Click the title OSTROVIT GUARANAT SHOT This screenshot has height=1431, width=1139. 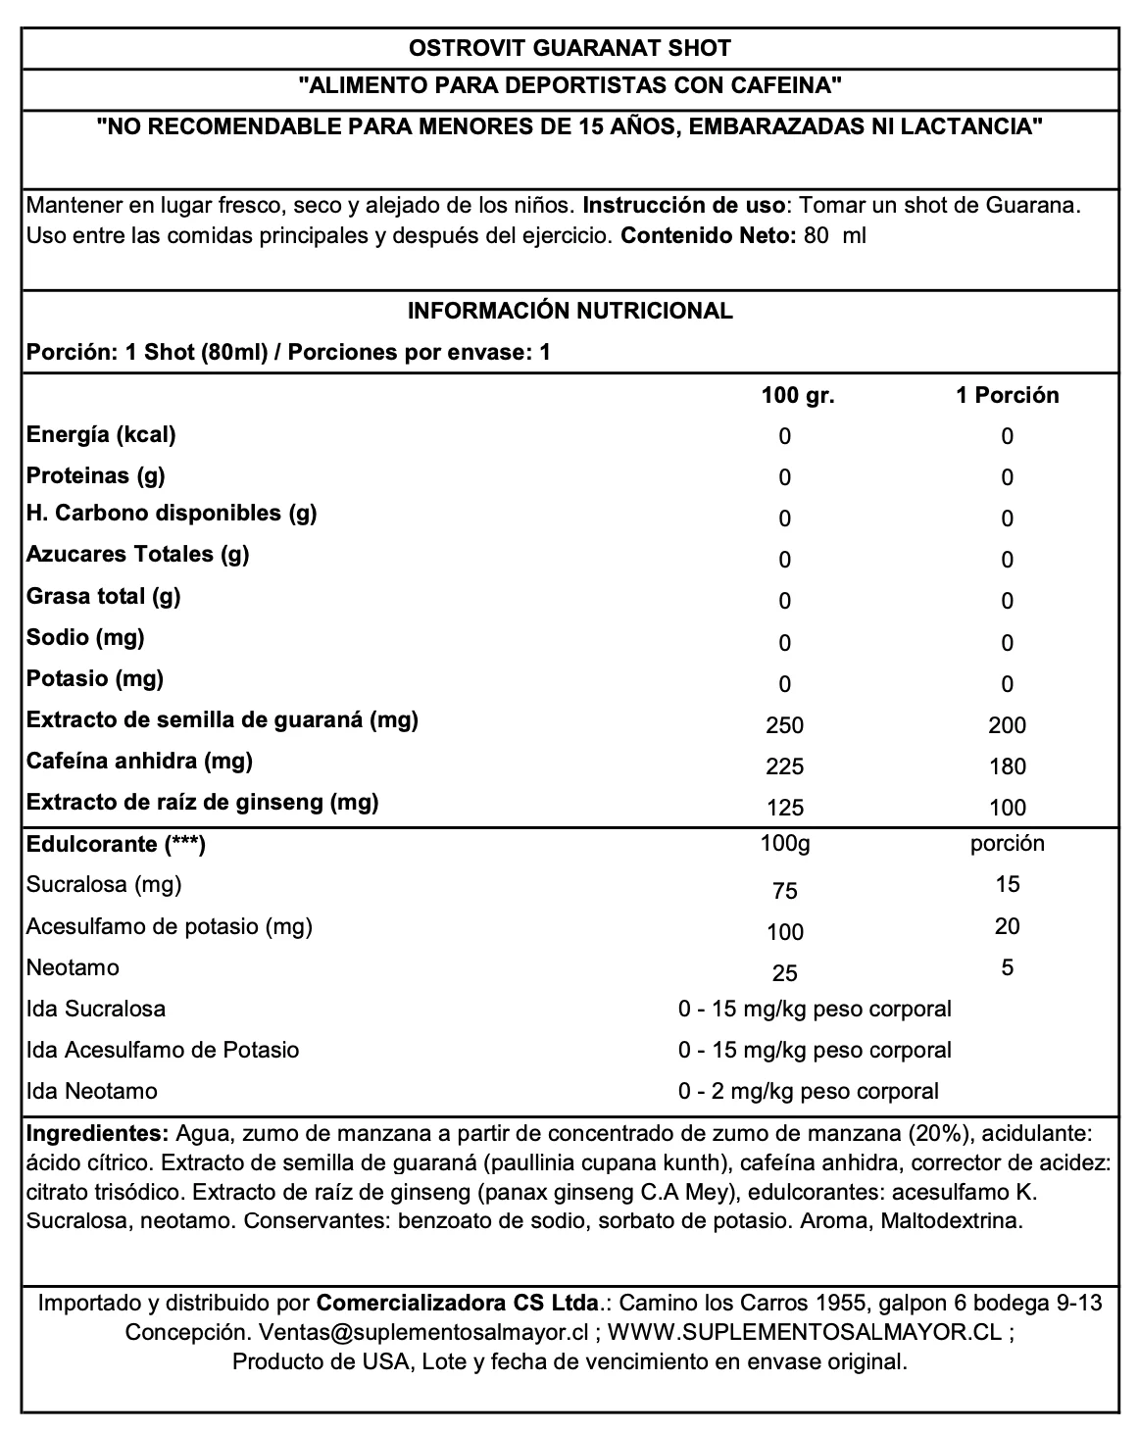(x=569, y=48)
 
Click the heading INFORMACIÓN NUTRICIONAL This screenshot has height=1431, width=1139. (x=569, y=312)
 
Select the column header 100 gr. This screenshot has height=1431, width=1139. (x=797, y=395)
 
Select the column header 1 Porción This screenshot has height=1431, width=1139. (x=1007, y=395)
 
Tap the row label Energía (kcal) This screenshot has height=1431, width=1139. (x=101, y=434)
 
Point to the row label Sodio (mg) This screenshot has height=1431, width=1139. (x=85, y=637)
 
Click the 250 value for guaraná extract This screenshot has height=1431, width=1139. (x=785, y=725)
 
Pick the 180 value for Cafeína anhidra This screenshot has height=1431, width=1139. (x=1007, y=766)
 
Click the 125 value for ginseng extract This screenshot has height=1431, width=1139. (x=785, y=808)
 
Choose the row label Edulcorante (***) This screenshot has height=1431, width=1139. (x=116, y=844)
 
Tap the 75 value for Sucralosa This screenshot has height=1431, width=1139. (x=785, y=891)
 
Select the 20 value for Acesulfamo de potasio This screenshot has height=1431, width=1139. (x=1007, y=926)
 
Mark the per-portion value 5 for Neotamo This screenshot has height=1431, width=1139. (x=1007, y=968)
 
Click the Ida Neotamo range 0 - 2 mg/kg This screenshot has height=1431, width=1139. (x=808, y=1091)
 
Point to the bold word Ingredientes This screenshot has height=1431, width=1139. (x=98, y=1134)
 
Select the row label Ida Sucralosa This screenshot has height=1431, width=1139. (x=96, y=1009)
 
